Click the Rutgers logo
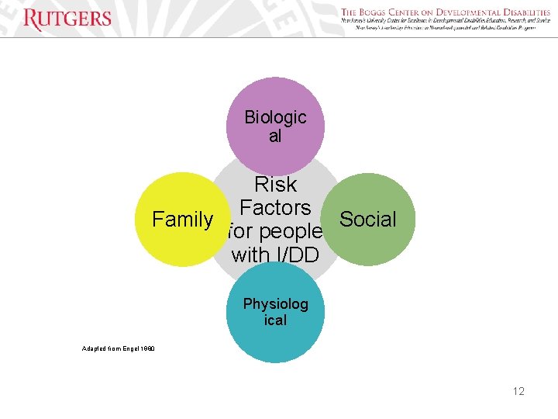point(67,19)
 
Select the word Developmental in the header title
point(464,12)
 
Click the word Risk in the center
point(276,185)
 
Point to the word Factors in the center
point(275,208)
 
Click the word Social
point(368,220)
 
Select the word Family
point(182,220)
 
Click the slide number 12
point(518,391)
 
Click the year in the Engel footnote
point(146,348)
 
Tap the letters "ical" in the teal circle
point(275,320)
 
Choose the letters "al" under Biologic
point(275,137)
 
